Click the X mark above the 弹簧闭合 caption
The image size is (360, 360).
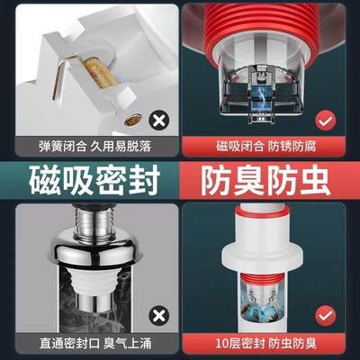point(158,117)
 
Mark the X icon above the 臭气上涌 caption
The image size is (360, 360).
point(158,313)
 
